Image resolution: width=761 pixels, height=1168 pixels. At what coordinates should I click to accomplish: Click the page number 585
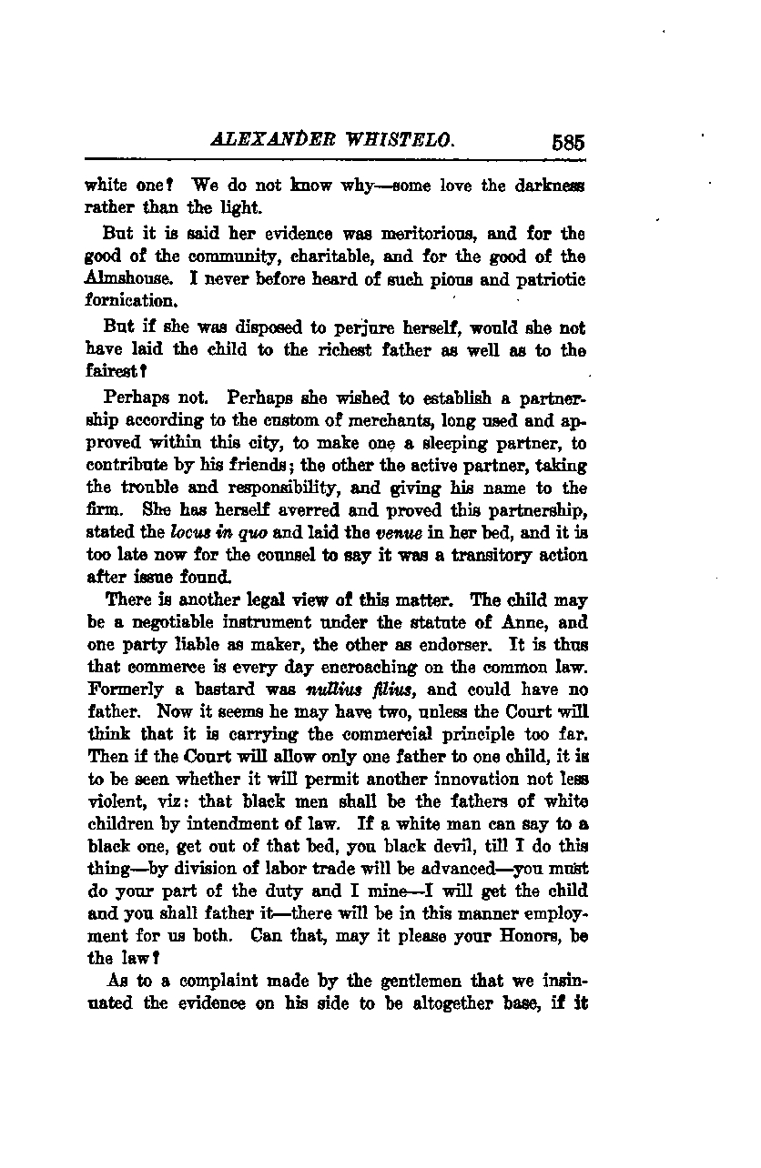(x=566, y=143)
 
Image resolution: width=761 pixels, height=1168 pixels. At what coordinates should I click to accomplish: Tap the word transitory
(x=492, y=555)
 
